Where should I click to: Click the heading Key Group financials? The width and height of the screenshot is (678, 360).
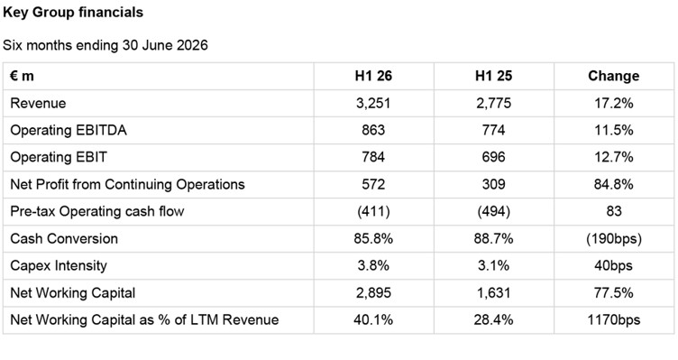point(73,13)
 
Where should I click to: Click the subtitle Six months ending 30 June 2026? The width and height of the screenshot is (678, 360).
point(105,45)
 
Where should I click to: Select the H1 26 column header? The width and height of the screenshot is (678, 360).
point(373,76)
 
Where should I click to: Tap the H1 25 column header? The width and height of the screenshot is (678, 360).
point(493,76)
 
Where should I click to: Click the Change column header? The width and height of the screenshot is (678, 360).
point(614,76)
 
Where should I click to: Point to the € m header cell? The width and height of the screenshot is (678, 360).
point(22,76)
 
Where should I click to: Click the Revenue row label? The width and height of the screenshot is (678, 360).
point(38,104)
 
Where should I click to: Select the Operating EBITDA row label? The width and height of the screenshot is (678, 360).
point(69,130)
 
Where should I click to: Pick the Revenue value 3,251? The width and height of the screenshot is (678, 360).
point(373,104)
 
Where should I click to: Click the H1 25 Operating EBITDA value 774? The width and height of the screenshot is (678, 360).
point(493,130)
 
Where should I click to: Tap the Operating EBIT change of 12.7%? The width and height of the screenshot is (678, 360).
point(614,157)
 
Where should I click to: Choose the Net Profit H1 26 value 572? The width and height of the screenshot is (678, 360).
point(373,184)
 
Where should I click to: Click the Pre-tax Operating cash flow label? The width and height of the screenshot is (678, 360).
point(97,212)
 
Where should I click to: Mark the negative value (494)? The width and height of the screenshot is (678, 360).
point(493,212)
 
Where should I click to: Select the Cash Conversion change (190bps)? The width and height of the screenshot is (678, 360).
point(614,239)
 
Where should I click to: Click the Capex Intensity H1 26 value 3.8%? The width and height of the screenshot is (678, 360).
point(373,265)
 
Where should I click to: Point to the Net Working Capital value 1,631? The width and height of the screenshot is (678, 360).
point(493,293)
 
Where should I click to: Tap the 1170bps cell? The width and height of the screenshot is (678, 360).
point(614,319)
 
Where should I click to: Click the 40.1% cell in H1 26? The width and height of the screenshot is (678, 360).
point(373,319)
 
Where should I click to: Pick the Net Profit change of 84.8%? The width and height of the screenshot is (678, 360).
point(614,184)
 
